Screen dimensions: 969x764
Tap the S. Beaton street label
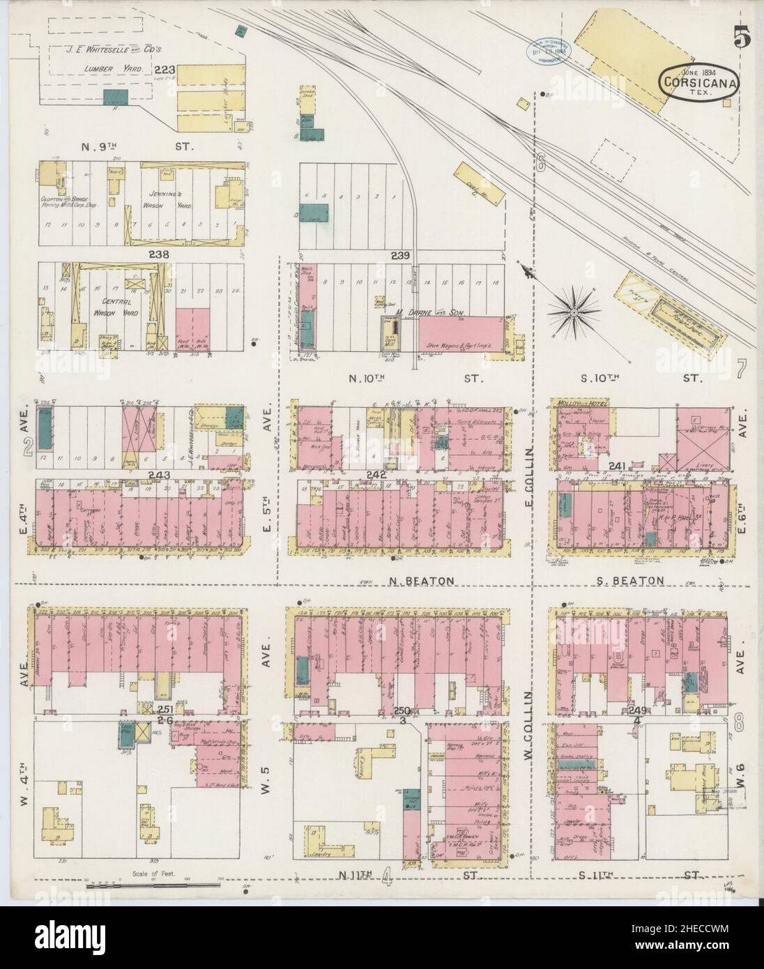coord(629,580)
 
